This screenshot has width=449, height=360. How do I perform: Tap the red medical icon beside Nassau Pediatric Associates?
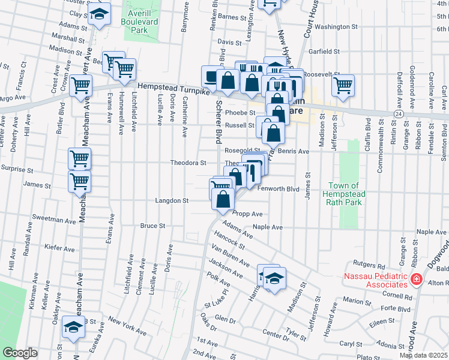coord(415,279)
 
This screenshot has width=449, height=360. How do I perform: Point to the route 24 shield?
coord(398,113)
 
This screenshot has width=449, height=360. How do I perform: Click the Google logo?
coord(20,353)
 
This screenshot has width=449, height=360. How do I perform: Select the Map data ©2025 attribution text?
coord(423,355)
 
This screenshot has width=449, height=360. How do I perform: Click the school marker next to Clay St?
coord(100,14)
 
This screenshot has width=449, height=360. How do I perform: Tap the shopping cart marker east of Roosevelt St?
coord(343,85)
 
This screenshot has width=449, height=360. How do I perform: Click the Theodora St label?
coord(188,163)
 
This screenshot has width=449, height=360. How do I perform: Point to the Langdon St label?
coord(172,200)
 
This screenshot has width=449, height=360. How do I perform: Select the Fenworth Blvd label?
coord(278,188)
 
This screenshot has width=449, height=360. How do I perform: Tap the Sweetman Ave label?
coord(54,220)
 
